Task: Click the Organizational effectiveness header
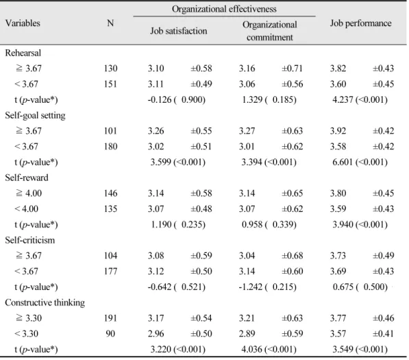(x=224, y=9)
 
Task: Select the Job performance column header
(x=361, y=23)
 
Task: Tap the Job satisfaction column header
(x=179, y=31)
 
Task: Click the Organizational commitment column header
(x=270, y=31)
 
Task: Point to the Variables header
(x=23, y=23)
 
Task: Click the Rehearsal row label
(x=23, y=53)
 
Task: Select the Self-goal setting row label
(x=35, y=116)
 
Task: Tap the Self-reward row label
(x=27, y=178)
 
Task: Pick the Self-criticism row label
(x=30, y=240)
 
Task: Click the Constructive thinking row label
(x=45, y=303)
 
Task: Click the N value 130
(x=110, y=69)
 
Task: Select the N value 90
(x=110, y=334)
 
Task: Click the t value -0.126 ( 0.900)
(x=177, y=99)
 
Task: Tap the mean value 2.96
(x=156, y=334)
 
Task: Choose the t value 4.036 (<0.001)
(x=269, y=349)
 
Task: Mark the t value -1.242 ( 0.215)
(x=268, y=287)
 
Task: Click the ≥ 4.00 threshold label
(x=29, y=193)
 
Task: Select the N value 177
(x=110, y=272)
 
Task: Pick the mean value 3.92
(x=338, y=131)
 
